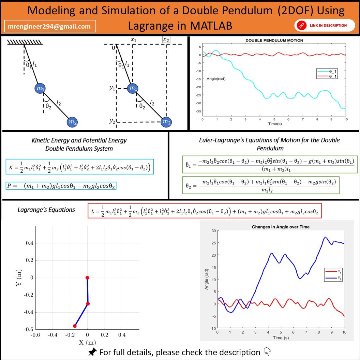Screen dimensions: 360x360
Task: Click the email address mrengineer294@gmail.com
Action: (50, 26)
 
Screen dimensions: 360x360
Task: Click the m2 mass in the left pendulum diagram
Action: (72, 122)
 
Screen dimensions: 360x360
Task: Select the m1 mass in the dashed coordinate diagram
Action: (133, 89)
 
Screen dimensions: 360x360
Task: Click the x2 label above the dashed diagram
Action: (166, 40)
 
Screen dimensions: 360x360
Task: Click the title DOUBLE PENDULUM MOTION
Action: (274, 41)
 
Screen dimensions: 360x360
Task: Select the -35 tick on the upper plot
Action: (198, 111)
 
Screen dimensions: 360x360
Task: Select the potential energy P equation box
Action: (61, 186)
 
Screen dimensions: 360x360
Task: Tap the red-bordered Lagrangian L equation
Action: (205, 212)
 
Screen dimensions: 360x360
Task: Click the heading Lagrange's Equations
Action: (46, 210)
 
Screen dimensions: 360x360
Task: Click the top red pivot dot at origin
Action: (87, 278)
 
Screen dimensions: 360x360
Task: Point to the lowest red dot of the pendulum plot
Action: (75, 326)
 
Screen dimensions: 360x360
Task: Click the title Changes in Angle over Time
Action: (281, 227)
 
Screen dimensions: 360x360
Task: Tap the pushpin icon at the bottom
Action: (92, 352)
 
